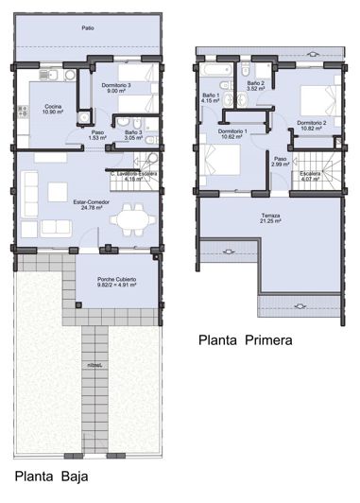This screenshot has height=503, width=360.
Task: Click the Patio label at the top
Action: (87, 28)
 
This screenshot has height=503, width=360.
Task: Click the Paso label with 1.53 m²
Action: (97, 132)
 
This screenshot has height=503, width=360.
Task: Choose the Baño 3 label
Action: (132, 132)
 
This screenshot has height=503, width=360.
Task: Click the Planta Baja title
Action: (50, 476)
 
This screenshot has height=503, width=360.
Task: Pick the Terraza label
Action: (271, 217)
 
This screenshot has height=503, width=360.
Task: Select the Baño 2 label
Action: (254, 83)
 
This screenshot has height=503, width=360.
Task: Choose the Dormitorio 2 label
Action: (311, 122)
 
